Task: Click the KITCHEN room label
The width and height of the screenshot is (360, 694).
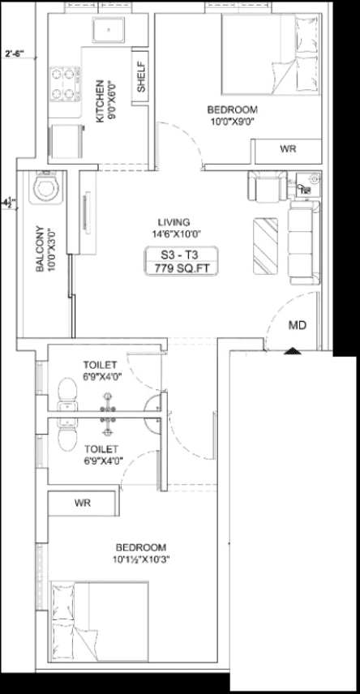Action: click(100, 101)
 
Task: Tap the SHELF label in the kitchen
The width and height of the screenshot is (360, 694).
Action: click(141, 78)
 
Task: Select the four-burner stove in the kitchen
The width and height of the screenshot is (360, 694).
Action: click(65, 84)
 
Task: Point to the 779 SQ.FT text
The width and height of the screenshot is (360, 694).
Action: click(181, 268)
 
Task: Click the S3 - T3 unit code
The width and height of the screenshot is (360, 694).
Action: click(181, 255)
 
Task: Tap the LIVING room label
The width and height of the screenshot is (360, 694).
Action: click(174, 222)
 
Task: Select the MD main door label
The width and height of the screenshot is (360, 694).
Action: click(298, 326)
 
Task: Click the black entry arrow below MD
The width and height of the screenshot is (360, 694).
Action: click(292, 351)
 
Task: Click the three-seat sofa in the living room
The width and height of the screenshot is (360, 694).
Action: click(304, 242)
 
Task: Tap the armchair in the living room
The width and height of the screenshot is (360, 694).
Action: click(268, 186)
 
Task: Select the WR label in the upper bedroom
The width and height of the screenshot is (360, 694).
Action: click(287, 148)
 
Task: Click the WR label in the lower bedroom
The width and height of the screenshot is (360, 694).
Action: click(83, 503)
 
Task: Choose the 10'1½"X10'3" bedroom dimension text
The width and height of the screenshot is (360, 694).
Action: click(141, 559)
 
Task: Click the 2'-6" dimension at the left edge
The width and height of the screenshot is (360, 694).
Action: click(15, 54)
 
